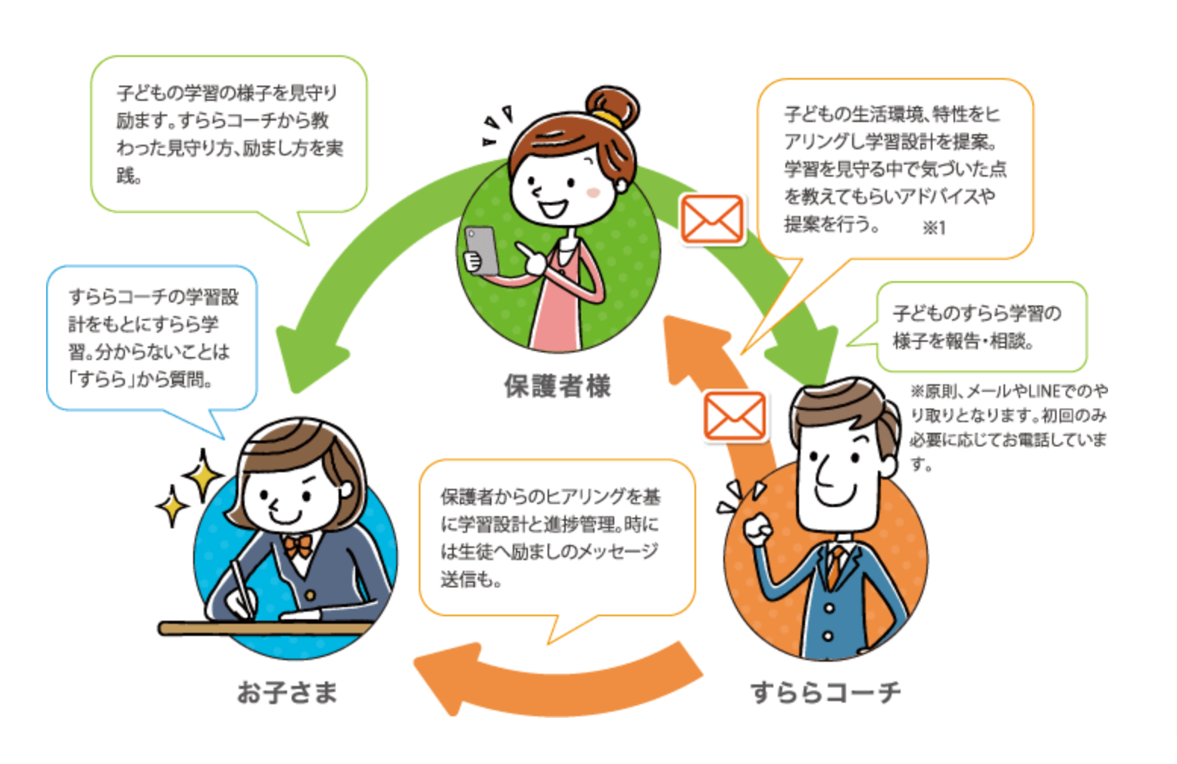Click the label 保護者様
tap(557, 386)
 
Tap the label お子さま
tap(287, 691)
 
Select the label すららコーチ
tap(826, 691)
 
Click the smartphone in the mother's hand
tap(482, 250)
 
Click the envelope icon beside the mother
tap(712, 219)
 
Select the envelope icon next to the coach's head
tap(735, 416)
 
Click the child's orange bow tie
tap(298, 546)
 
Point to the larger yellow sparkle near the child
tap(203, 475)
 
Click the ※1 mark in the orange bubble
tap(934, 227)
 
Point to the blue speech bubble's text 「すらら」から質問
tap(140, 378)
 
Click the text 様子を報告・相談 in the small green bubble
tap(963, 341)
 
